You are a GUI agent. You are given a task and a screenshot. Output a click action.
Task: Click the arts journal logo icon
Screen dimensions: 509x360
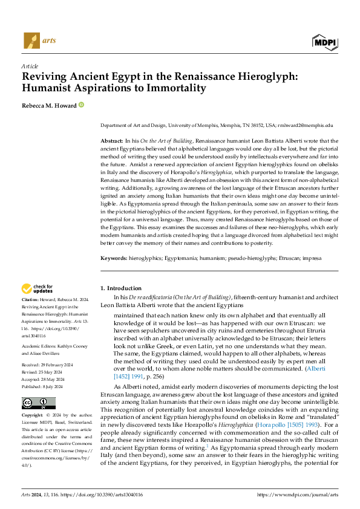point(31,41)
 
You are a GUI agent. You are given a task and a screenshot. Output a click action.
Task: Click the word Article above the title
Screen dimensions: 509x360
point(30,66)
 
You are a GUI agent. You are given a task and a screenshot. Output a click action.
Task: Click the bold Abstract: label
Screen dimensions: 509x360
point(114,140)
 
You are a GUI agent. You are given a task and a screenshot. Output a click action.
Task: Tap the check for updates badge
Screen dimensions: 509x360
point(39,289)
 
